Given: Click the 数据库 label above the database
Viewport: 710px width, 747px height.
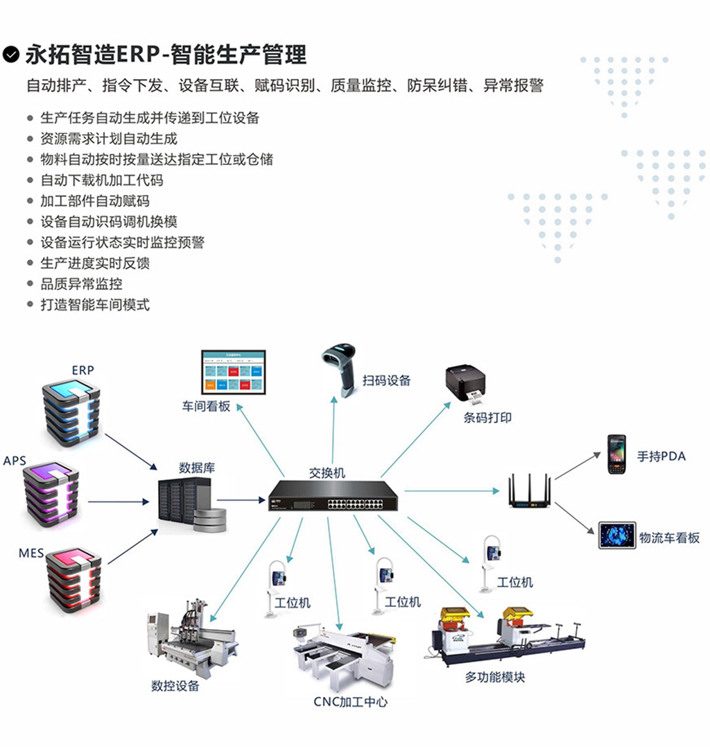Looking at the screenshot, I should (x=197, y=467).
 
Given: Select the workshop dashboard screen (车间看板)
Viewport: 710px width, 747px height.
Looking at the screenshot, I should (x=234, y=373).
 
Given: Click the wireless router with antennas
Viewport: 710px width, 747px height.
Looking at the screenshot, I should (x=529, y=491).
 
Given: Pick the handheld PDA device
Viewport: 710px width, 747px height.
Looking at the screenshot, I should (x=616, y=454).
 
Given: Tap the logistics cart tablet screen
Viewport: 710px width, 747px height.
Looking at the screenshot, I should (x=617, y=535).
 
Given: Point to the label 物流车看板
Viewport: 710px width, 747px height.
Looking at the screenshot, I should (x=669, y=538).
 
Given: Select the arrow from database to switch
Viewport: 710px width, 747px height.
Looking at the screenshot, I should (x=240, y=499).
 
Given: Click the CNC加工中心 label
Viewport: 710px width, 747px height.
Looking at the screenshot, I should (x=350, y=702).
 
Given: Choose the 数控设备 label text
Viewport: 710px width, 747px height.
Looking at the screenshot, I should (x=175, y=686).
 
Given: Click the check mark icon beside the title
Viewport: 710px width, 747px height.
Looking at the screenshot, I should (x=10, y=54).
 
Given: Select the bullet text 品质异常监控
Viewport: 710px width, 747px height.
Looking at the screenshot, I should (x=82, y=284).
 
